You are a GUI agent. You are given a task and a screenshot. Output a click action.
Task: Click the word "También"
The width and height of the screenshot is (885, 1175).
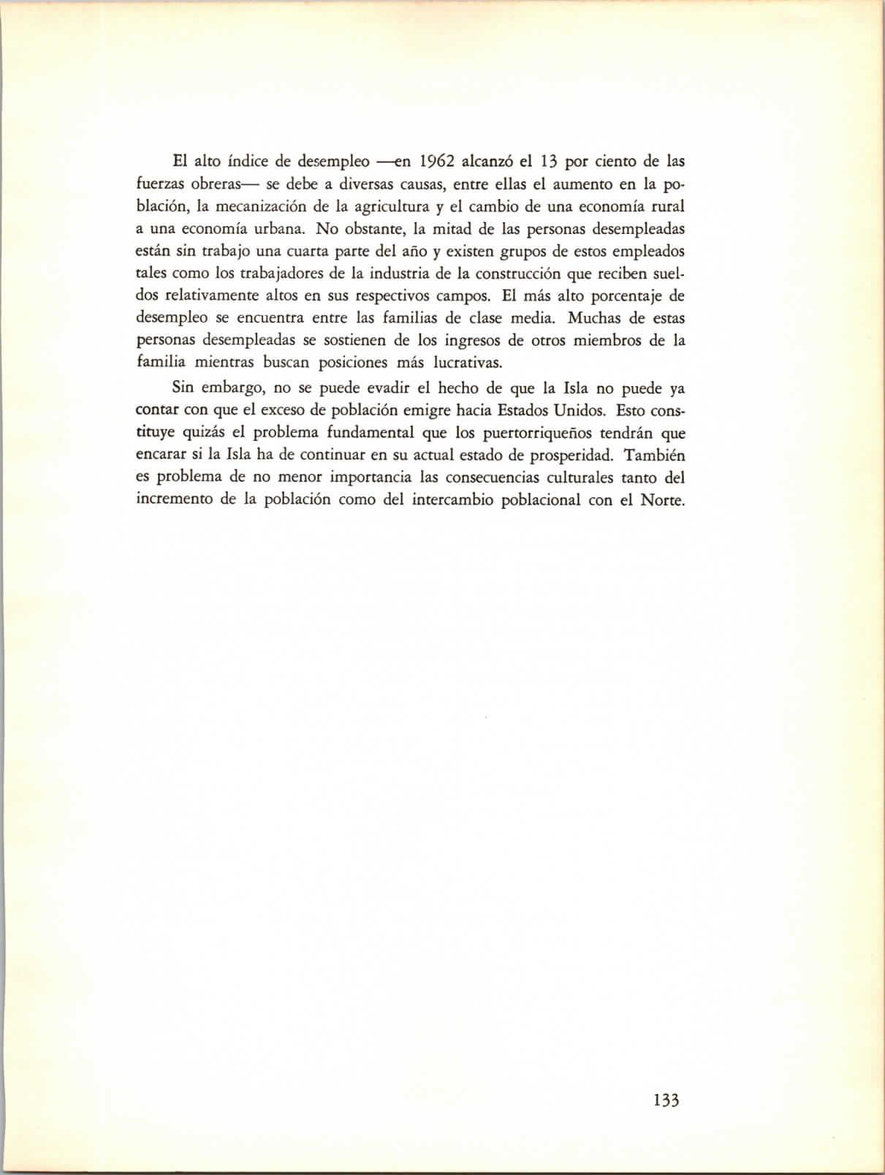coord(655,455)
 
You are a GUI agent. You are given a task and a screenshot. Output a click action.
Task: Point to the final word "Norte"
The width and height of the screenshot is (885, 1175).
coord(662,501)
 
